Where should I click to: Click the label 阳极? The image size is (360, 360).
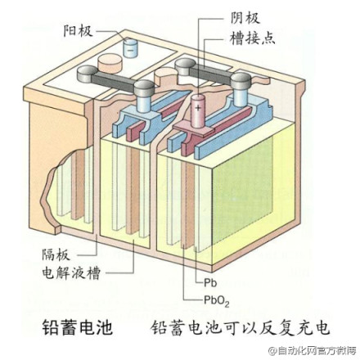pos(78,30)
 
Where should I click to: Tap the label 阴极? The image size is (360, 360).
pos(245,18)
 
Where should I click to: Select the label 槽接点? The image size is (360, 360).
pos(253,38)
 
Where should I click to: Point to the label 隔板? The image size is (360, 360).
pos(56,255)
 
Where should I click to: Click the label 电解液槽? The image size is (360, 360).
pos(71,273)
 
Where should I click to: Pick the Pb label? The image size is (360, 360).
pos(210,283)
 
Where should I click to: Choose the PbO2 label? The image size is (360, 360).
pos(217,300)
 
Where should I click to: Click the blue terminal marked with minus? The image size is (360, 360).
pos(130,48)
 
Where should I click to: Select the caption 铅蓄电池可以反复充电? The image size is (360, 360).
pos(240,327)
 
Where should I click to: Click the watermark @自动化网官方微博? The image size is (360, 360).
pos(312,350)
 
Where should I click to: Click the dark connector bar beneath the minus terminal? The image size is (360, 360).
pos(113,83)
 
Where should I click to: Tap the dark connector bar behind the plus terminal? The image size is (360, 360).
pos(210,73)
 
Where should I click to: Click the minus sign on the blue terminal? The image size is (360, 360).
pos(130,50)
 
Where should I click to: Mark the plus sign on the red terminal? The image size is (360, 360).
pos(198,108)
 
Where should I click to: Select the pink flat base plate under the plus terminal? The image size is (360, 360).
pos(194,130)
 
